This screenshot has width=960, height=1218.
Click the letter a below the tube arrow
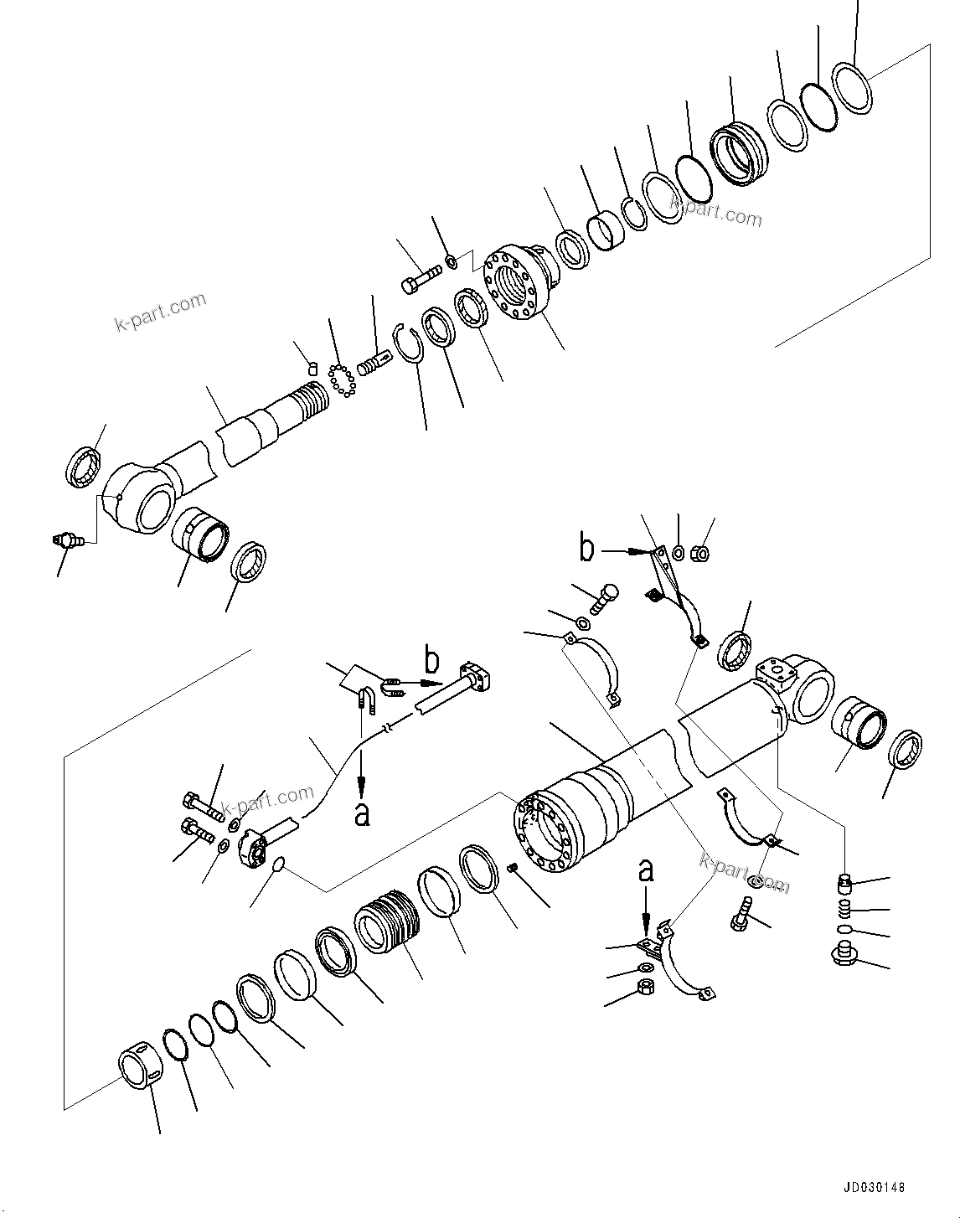point(362,813)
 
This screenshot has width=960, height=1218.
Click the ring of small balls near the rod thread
point(342,378)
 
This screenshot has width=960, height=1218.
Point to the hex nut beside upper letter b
point(703,553)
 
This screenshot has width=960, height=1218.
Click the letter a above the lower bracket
point(645,870)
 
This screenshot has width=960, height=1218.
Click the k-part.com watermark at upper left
point(160,312)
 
